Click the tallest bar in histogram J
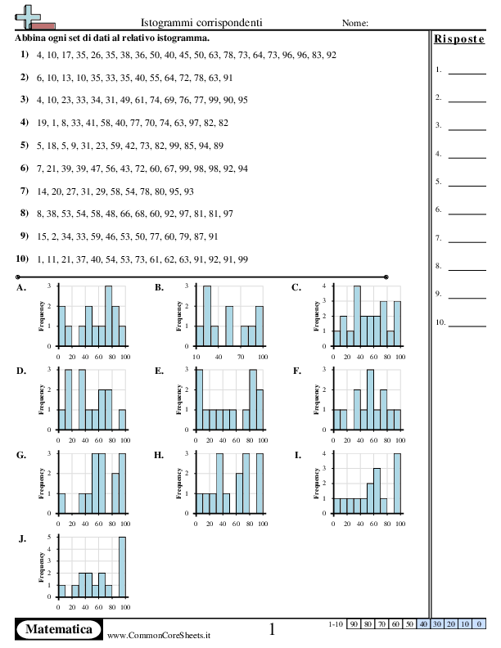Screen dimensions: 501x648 point(122,567)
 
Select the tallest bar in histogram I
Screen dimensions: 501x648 point(397,484)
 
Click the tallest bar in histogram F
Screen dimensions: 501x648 point(370,399)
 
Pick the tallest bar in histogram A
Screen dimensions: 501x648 point(109,316)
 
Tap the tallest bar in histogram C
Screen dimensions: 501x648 point(357,316)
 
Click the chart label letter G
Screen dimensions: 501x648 point(21,455)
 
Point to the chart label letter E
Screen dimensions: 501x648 point(159,371)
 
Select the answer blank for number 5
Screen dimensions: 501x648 point(467,186)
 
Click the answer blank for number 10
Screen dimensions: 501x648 point(467,326)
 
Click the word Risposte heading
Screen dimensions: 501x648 point(458,39)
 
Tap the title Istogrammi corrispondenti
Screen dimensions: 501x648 point(201,23)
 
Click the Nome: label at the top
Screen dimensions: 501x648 point(355,23)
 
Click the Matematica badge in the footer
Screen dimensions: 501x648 point(59,629)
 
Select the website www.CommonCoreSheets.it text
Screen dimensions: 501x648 point(159,636)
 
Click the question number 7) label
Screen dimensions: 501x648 point(25,191)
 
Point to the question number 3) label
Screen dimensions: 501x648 point(25,99)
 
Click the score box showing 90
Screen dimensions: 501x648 point(354,624)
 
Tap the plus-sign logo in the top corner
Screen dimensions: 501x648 point(28,17)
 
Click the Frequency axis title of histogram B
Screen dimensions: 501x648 point(178,316)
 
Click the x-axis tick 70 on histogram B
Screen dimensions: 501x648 point(241,357)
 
